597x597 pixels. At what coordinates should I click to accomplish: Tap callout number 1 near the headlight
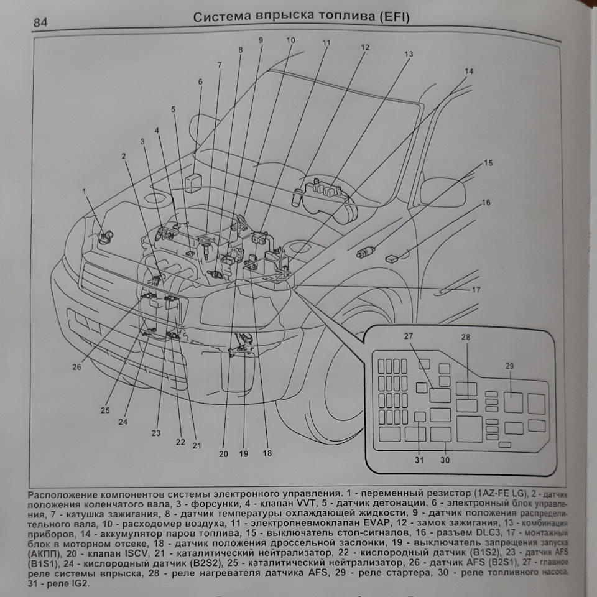[85, 192]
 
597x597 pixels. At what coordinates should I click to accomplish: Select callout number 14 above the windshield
[468, 71]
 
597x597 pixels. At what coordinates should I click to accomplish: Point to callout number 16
[486, 202]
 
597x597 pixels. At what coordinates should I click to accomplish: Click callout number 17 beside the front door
[476, 289]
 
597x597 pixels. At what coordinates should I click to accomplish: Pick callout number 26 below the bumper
[76, 367]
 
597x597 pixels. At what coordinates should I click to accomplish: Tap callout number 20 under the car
[224, 453]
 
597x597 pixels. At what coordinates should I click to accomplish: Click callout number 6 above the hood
[200, 81]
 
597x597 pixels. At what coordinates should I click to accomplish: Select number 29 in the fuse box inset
[509, 366]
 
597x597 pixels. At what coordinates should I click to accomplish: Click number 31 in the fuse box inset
[419, 460]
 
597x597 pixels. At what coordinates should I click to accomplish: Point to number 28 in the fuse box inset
[466, 336]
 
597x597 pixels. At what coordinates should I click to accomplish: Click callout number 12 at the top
[364, 47]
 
